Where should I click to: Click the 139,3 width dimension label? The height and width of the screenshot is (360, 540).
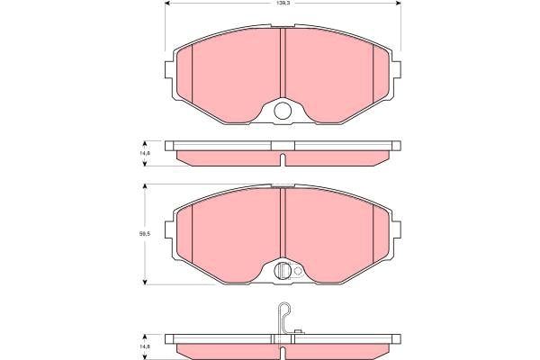[x=283, y=4]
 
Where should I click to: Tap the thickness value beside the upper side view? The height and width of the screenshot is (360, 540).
[x=143, y=154]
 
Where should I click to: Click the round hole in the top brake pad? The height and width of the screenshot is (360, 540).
[x=283, y=112]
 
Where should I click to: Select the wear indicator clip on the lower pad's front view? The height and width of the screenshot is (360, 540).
[x=283, y=269]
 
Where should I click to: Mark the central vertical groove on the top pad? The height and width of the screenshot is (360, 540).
[x=283, y=63]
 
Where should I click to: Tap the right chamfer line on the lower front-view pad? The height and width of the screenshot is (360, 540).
[x=373, y=230]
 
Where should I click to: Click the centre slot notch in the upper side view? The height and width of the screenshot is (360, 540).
[x=283, y=160]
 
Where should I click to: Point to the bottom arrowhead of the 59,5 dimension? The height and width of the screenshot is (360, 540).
[x=143, y=282]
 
